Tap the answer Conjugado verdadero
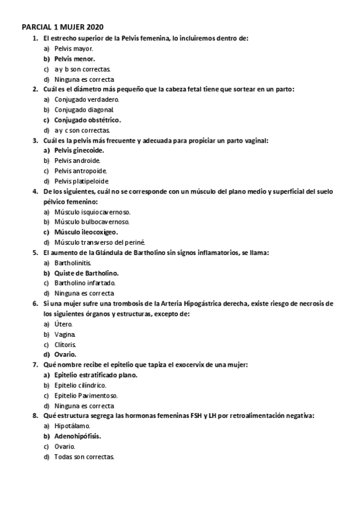pos(87,99)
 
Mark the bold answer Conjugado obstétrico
pos(87,120)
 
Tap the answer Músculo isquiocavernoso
pos(92,212)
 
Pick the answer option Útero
pos(63,324)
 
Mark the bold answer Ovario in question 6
pos(65,354)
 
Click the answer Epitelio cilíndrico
pos(80,385)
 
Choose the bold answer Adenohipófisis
pos(78,436)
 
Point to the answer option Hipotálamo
pos(72,426)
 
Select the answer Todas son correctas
pos(84,456)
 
